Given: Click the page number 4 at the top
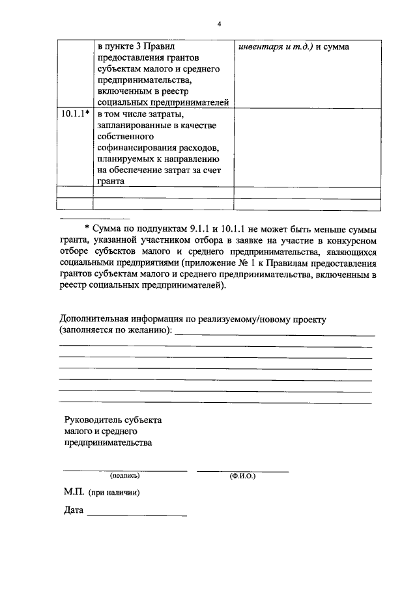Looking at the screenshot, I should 220,25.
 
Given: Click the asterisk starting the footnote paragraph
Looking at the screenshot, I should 87,230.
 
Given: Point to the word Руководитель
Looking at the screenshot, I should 92,420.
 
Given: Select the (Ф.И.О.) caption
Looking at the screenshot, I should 242,476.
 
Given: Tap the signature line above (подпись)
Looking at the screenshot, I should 124,470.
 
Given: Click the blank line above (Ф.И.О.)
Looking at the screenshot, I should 242,470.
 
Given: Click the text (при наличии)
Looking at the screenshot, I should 115,493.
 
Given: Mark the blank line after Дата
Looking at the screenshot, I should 137,515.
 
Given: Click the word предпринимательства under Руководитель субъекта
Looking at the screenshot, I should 108,443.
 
